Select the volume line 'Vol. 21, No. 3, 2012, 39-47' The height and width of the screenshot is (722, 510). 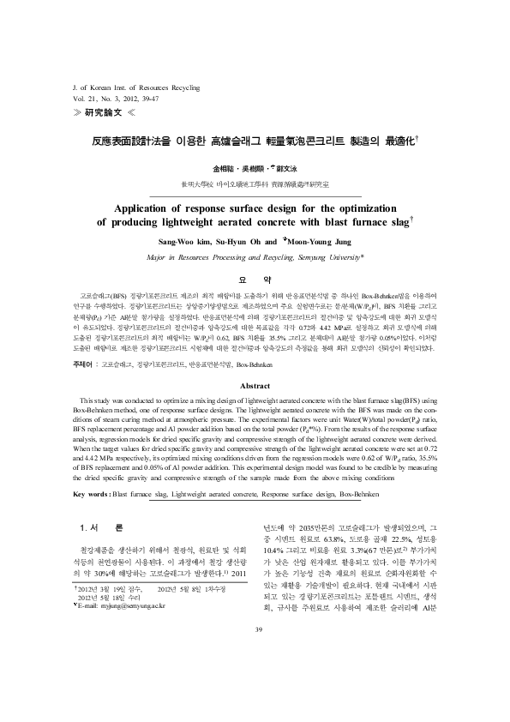pyautogui.click(x=117, y=101)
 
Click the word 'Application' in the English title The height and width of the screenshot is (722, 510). pyautogui.click(x=153, y=207)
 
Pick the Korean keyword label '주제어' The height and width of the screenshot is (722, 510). pyautogui.click(x=86, y=364)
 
